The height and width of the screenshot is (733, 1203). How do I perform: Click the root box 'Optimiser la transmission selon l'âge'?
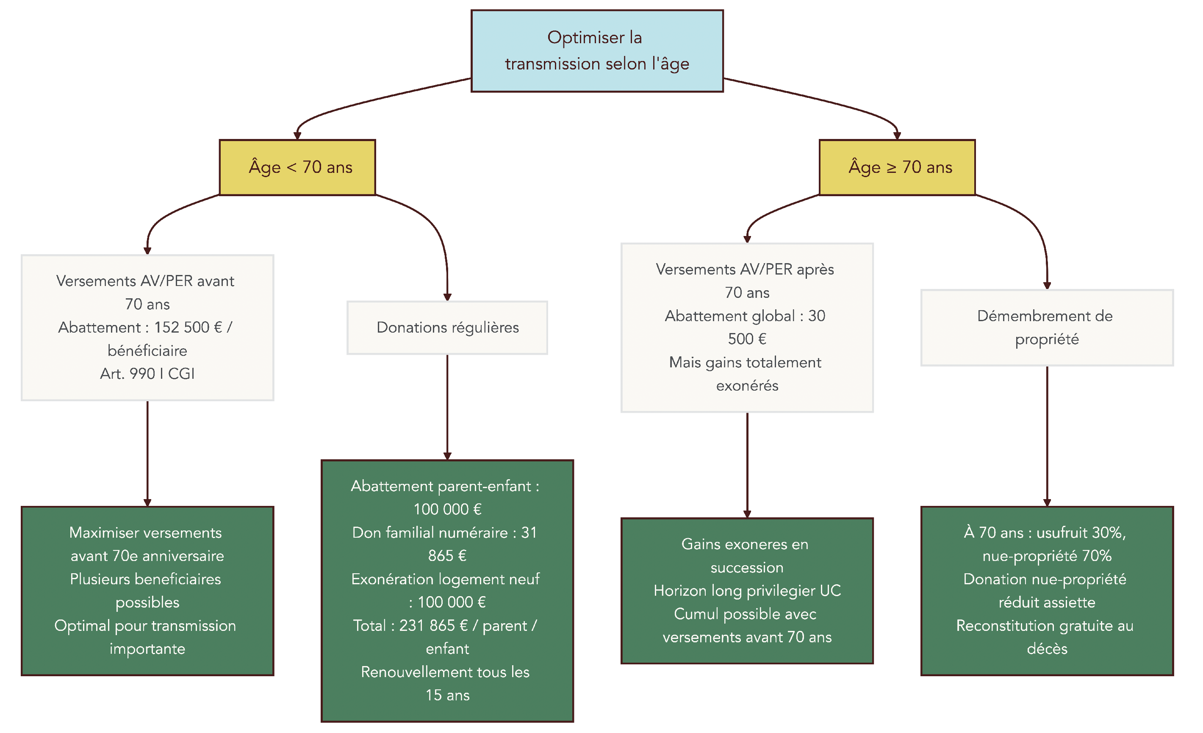click(x=596, y=51)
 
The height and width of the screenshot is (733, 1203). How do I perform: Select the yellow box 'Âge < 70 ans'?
click(x=297, y=167)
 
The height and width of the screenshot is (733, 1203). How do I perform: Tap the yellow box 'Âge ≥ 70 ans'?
click(x=897, y=167)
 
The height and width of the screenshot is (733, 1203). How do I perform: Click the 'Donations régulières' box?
click(x=447, y=328)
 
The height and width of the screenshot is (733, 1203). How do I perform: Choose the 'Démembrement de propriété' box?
click(x=1047, y=328)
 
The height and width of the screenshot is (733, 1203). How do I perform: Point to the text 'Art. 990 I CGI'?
click(x=147, y=374)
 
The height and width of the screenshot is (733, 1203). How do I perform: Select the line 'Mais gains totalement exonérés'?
click(x=746, y=374)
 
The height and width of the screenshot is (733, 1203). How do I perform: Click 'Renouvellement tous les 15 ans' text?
click(x=446, y=684)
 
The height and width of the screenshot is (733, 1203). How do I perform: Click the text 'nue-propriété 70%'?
click(x=1047, y=556)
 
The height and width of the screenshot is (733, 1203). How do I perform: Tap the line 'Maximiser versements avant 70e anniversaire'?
click(x=147, y=544)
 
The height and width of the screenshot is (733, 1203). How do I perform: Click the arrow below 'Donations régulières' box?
click(x=447, y=405)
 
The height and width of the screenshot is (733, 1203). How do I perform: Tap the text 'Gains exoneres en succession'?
click(x=746, y=556)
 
